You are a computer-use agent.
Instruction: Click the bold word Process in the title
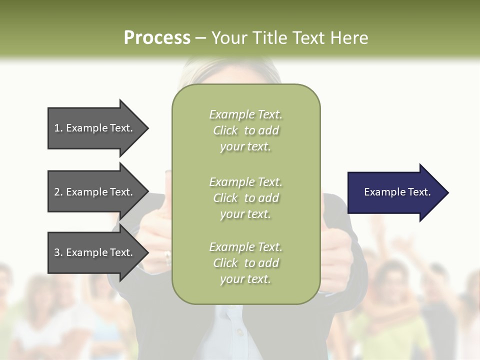[157, 37]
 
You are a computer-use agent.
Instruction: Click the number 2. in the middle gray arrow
[58, 192]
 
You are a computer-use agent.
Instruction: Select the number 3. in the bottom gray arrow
[58, 252]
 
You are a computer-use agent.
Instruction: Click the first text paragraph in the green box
[245, 130]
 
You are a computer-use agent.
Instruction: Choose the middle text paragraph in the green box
[245, 198]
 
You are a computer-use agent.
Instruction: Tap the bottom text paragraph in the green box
[245, 263]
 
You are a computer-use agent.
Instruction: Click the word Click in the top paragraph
[225, 131]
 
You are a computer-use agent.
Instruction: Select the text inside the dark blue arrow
[397, 192]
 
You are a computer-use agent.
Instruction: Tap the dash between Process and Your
[200, 38]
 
